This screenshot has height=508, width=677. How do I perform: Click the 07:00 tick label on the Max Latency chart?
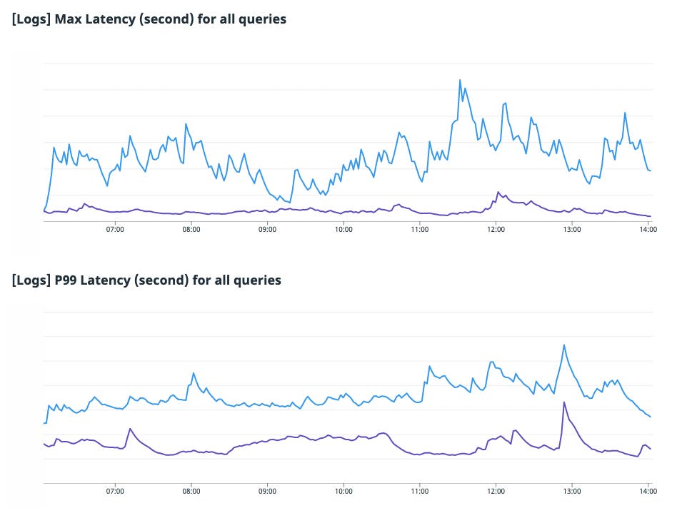point(115,230)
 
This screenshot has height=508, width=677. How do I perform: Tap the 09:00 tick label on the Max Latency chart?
point(267,230)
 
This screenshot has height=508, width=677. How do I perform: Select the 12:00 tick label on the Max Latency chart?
point(496,230)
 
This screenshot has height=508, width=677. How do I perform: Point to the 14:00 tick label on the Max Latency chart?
point(648,230)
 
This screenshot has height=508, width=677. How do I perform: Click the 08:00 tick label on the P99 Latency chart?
point(191,491)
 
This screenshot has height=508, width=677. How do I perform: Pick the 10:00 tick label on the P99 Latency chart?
point(343,491)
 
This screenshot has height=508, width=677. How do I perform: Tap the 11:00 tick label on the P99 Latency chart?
point(420,491)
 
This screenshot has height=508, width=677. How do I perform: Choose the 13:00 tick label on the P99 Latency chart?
point(572,491)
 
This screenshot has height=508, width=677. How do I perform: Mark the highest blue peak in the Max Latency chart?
point(460,80)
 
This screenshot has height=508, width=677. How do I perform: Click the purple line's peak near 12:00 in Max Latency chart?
point(498,192)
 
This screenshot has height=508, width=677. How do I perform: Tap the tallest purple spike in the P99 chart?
point(564,402)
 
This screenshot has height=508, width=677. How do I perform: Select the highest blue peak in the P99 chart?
point(564,345)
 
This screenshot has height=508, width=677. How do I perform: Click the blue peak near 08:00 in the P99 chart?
point(194,372)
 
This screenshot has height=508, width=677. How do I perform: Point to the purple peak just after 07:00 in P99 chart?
point(130,429)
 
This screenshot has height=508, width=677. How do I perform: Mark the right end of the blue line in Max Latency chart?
point(650,171)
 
